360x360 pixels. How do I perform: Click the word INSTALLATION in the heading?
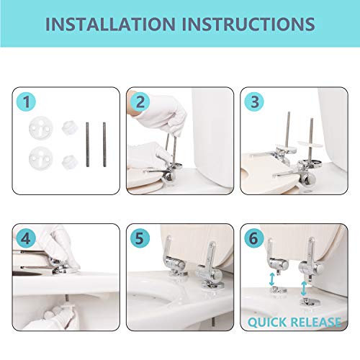coord(111,24)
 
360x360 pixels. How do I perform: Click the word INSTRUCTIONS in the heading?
coord(248,24)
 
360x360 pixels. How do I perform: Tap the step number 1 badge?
coord(27,102)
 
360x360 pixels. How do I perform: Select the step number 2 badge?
coord(140,102)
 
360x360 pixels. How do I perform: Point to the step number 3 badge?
coord(254,102)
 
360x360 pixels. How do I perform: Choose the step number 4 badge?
coord(26,238)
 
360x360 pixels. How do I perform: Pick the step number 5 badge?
coord(140,238)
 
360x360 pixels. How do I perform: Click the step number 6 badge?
coord(254,238)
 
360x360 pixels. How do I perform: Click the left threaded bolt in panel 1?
coord(87,145)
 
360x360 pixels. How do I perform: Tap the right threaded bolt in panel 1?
coord(104,145)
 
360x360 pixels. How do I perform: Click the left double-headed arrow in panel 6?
coord(271,279)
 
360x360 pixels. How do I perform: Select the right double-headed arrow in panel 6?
coord(304,289)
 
